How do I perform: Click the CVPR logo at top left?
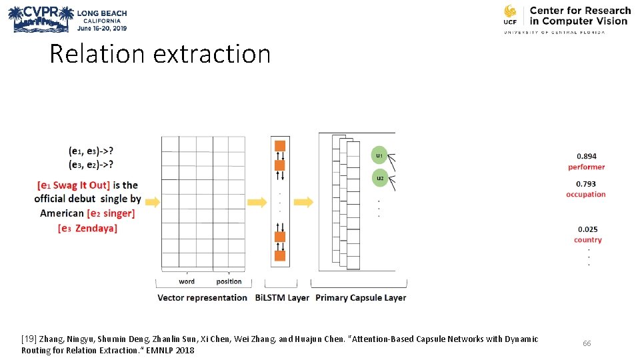click(x=39, y=19)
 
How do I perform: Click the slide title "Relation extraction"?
click(x=160, y=54)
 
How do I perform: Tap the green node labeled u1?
click(x=379, y=155)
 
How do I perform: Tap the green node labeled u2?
click(x=379, y=178)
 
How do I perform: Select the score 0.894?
click(x=587, y=157)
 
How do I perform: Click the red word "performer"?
click(x=587, y=167)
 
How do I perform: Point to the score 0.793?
click(x=587, y=184)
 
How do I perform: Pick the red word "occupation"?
click(x=586, y=195)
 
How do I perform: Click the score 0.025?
click(x=587, y=229)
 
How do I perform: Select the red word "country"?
click(x=587, y=240)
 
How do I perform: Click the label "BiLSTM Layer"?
click(x=282, y=297)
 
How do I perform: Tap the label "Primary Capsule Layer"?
click(x=361, y=297)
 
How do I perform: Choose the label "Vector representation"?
click(x=202, y=297)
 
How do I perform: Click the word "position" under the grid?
click(x=229, y=281)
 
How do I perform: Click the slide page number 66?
click(x=587, y=343)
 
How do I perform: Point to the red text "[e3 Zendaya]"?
click(x=87, y=228)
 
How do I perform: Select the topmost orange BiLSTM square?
click(x=280, y=146)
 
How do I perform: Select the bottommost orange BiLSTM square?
click(x=280, y=255)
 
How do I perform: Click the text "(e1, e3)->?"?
click(x=91, y=151)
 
